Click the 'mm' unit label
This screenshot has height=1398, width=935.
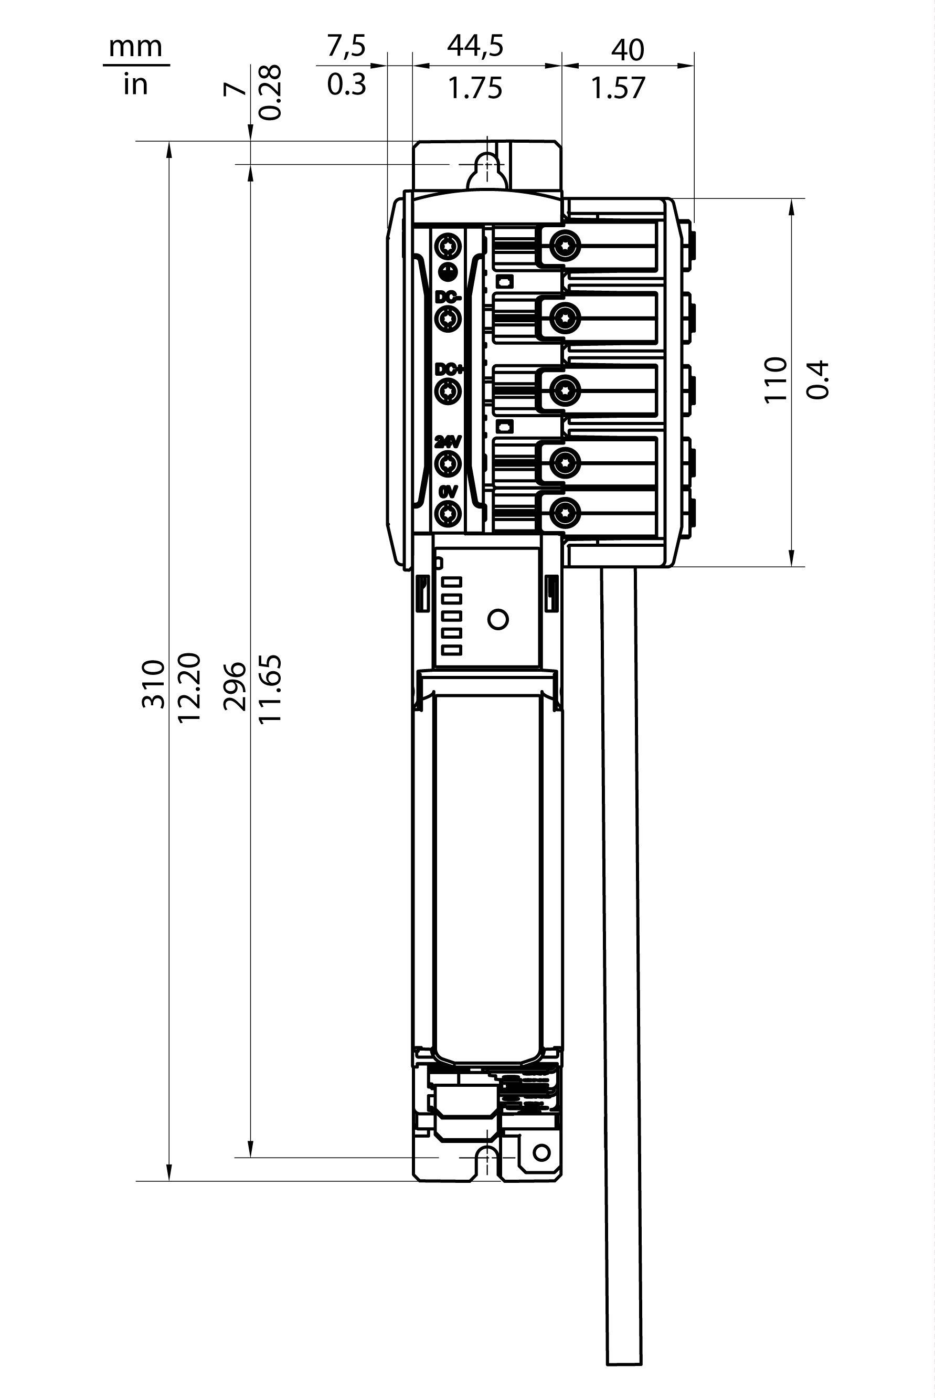135,47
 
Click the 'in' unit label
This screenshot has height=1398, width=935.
135,84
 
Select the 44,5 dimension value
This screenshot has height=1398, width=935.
475,46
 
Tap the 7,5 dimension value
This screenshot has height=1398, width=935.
346,46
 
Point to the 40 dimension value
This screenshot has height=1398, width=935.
628,50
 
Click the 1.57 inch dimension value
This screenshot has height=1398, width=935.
619,88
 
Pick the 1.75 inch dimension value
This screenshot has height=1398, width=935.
475,88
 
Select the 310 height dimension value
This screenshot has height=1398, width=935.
153,684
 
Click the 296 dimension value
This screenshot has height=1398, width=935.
235,686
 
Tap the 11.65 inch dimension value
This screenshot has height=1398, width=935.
270,690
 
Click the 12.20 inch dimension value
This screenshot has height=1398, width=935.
189,687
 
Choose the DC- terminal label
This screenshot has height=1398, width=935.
447,296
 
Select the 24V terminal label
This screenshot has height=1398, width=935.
448,442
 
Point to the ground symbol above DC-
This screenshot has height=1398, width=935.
447,271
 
